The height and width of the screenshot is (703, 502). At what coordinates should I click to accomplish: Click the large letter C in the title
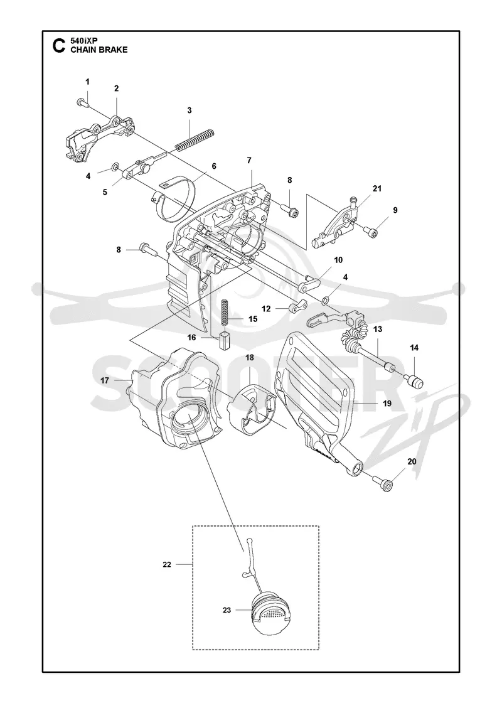(x=58, y=46)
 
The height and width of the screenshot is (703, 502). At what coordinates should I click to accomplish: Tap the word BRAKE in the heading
(x=114, y=50)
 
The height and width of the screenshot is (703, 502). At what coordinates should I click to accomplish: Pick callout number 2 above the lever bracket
(x=117, y=89)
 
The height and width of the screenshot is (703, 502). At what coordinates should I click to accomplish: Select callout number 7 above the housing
(x=249, y=160)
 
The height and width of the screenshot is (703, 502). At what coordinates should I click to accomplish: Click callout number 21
(x=377, y=188)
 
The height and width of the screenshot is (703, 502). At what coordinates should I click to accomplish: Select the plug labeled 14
(x=414, y=380)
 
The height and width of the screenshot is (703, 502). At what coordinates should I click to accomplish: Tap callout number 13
(x=377, y=329)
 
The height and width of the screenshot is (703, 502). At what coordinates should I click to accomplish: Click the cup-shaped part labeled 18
(x=251, y=411)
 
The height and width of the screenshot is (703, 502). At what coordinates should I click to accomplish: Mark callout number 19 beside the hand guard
(x=387, y=403)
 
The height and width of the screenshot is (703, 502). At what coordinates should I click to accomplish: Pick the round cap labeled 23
(x=271, y=614)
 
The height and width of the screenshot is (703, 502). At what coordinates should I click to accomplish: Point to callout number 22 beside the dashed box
(x=167, y=564)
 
